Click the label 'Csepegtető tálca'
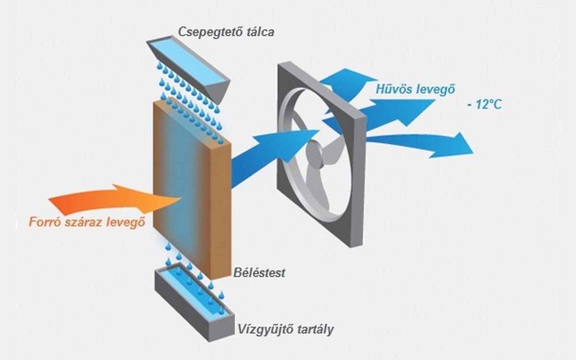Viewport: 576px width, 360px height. click(x=227, y=32)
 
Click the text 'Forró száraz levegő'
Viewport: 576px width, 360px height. click(x=87, y=223)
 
